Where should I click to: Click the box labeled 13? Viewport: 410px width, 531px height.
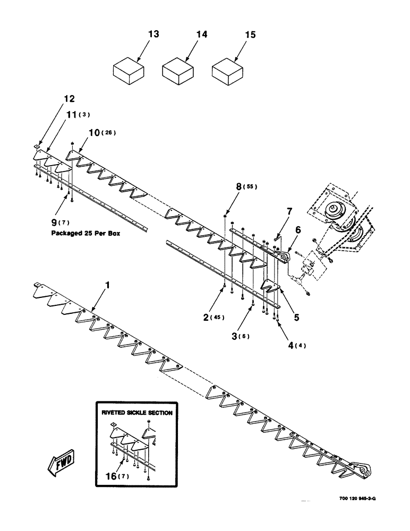pos(130,71)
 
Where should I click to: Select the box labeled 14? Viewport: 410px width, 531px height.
pos(178,71)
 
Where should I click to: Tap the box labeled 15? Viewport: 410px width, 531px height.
pos(227,71)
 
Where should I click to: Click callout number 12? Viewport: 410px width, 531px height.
pos(69,98)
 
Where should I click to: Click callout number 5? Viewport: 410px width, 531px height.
pos(296,318)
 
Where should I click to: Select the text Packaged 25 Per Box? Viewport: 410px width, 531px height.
pos(85,232)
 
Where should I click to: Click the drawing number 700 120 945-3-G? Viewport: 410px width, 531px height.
pos(360,499)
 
